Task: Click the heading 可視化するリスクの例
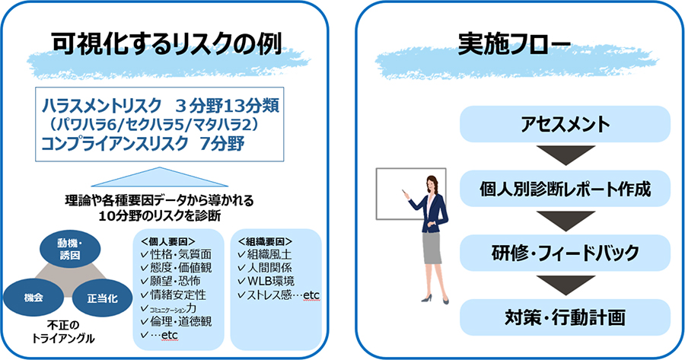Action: coord(167,45)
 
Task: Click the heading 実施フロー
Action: coord(515,45)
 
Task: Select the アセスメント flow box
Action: coord(565,124)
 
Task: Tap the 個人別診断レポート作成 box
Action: coord(565,189)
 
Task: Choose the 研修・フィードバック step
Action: coord(565,253)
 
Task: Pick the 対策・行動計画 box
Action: coord(565,317)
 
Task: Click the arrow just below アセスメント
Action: coord(566,155)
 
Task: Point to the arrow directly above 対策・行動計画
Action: coord(566,285)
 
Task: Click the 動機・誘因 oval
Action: coord(70,249)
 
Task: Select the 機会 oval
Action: coord(33,298)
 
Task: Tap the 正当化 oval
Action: coord(102,298)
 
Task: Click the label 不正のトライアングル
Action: coord(63,332)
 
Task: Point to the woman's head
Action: coord(432,183)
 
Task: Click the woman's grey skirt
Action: coord(432,247)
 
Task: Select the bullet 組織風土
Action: coord(264,254)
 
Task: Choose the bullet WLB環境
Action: coord(266,281)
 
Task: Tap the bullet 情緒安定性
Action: coord(173,295)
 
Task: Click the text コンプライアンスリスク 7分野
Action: coord(143,144)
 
